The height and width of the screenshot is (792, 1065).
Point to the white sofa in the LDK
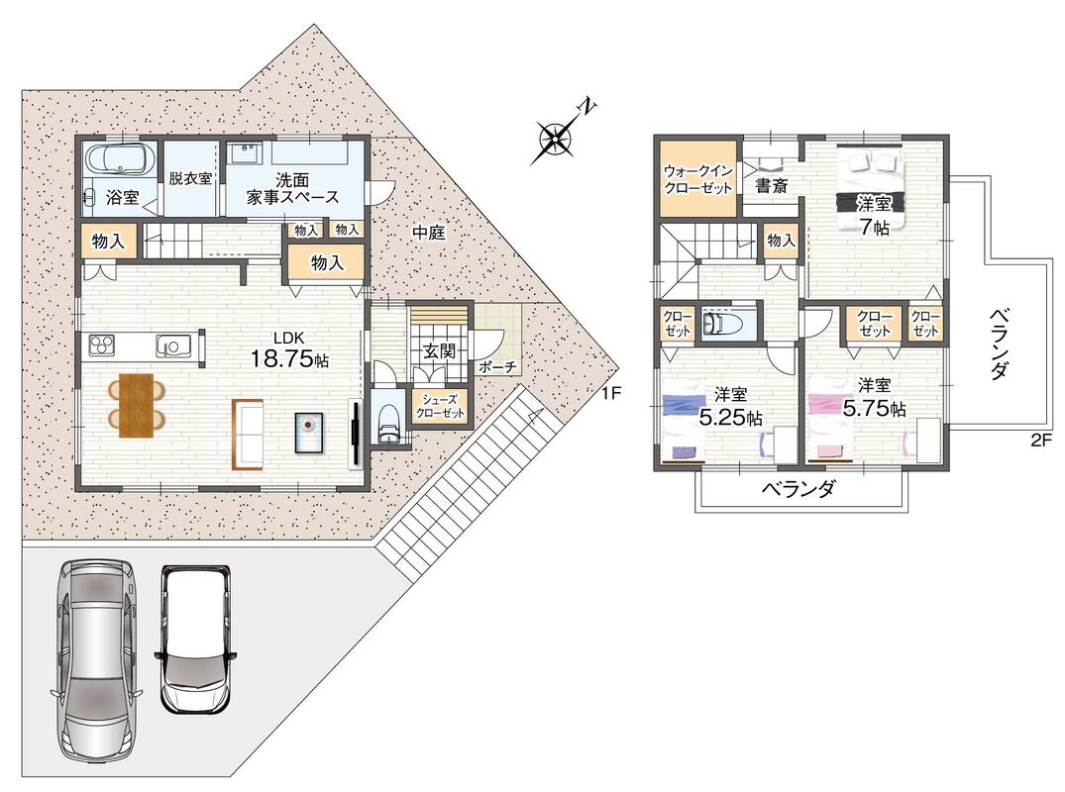point(248,435)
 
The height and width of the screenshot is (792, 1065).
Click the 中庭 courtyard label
point(429,233)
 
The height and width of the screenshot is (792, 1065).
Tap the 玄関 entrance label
point(439,350)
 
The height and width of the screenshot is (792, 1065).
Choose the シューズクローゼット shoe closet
point(440,407)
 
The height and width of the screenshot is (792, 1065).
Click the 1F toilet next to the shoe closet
point(389,420)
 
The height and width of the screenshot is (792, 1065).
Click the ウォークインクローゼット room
point(698,178)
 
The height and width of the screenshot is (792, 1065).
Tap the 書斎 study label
point(772,185)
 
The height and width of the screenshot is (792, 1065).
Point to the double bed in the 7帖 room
point(871,189)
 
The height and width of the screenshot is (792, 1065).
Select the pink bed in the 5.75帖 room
point(830,422)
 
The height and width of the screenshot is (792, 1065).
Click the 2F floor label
point(1040,440)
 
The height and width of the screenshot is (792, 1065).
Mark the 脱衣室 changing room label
point(190,178)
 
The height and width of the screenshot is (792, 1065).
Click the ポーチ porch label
point(498,367)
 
